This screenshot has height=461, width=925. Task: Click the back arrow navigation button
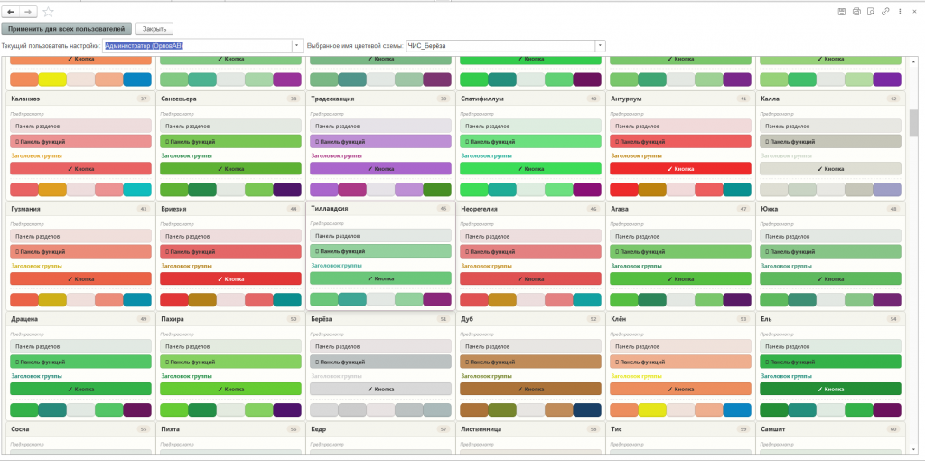12,12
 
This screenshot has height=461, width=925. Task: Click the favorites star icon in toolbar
49,12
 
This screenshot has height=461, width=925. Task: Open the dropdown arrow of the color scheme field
600,45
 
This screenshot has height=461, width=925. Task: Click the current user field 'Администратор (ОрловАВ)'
200,45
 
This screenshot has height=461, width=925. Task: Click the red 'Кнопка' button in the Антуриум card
680,168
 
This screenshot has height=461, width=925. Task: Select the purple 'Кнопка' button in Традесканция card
380,168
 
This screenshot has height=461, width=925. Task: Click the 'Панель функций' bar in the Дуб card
530,362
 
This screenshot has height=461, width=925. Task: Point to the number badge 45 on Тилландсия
443,208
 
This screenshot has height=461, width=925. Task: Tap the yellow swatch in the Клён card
652,410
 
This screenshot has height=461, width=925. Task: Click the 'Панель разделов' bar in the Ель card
830,346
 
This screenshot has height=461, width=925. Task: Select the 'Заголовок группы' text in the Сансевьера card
186,155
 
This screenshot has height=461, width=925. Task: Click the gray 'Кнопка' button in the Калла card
830,168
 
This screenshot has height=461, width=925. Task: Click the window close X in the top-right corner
913,11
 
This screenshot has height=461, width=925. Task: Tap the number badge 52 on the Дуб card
593,319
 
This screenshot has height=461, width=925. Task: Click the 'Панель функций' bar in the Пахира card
230,362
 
